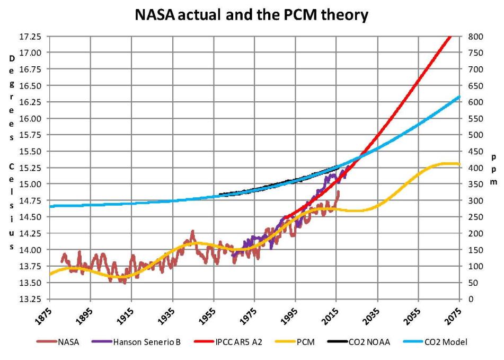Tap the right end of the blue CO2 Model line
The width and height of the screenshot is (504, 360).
tap(458, 96)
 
